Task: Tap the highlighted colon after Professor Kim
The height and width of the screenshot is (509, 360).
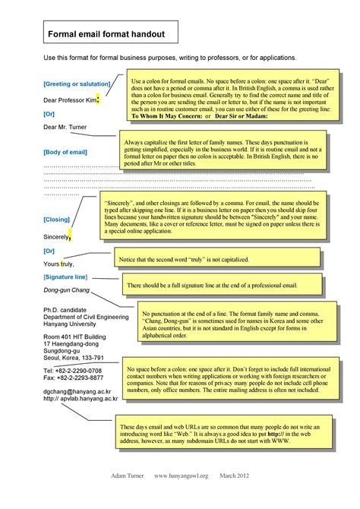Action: point(99,97)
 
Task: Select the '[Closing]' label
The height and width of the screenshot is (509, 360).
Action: point(57,219)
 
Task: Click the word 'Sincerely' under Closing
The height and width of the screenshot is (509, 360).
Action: point(55,237)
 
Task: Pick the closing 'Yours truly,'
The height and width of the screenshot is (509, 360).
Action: point(60,264)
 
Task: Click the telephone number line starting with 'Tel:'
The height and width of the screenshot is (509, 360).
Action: point(73,370)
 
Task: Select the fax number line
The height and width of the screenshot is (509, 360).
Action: point(73,378)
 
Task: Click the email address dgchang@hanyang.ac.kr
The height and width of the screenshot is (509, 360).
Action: point(81,390)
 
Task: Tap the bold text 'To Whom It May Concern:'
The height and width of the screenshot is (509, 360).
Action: point(171,116)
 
